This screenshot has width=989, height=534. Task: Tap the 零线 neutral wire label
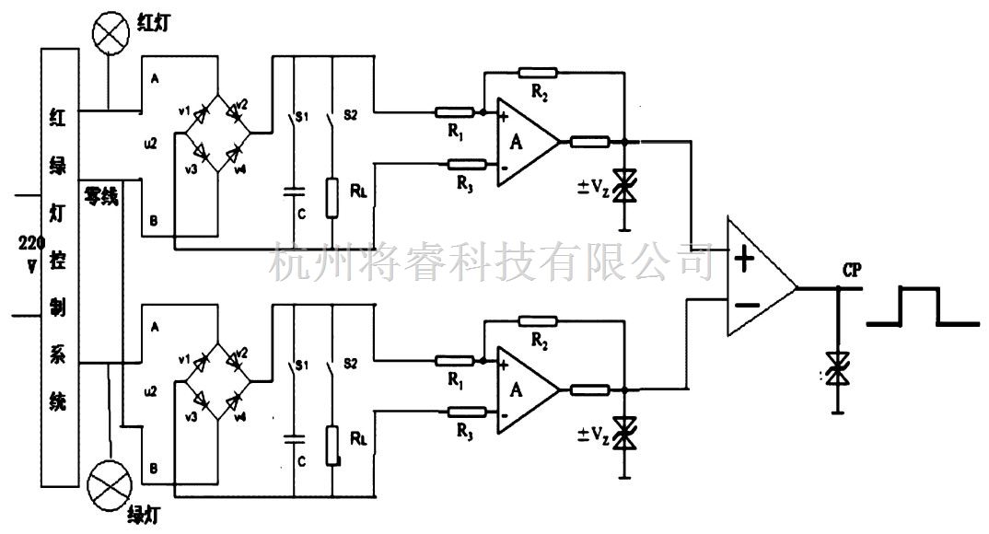click(x=101, y=196)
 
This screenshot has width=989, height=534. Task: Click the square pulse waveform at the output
click(x=921, y=308)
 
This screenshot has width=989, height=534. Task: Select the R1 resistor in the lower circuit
click(x=455, y=360)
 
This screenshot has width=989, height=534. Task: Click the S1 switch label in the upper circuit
click(x=299, y=118)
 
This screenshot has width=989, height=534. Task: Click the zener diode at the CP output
click(x=837, y=368)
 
